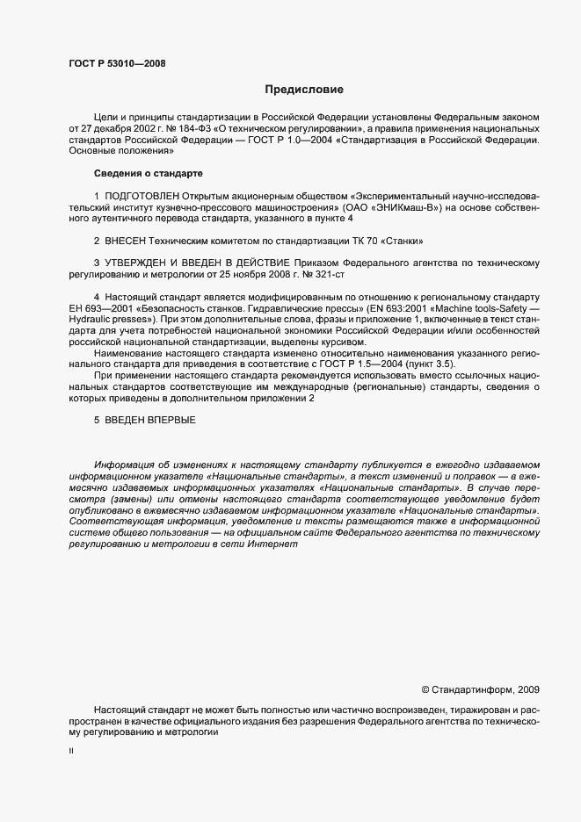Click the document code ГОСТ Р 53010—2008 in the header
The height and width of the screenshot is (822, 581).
point(116,62)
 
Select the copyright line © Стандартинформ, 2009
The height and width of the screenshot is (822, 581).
point(480,689)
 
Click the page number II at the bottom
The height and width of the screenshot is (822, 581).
point(71,751)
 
